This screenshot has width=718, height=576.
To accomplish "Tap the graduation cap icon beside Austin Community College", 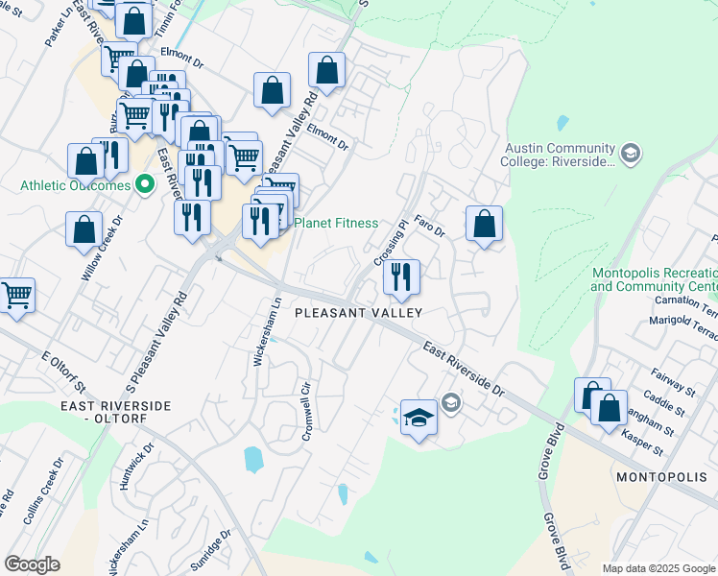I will click(x=631, y=153).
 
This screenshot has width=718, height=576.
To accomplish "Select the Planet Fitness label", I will click(x=335, y=223).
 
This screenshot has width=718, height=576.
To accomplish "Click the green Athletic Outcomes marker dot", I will click(x=145, y=183).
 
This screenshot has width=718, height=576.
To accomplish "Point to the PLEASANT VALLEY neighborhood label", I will click(x=358, y=313).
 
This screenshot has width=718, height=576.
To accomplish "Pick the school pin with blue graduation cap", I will click(x=419, y=418).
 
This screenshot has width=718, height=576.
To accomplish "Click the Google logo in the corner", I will click(x=32, y=564).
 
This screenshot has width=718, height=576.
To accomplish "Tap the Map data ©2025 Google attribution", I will click(x=658, y=568).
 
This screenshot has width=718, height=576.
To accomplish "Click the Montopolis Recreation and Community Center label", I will click(x=654, y=279).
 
